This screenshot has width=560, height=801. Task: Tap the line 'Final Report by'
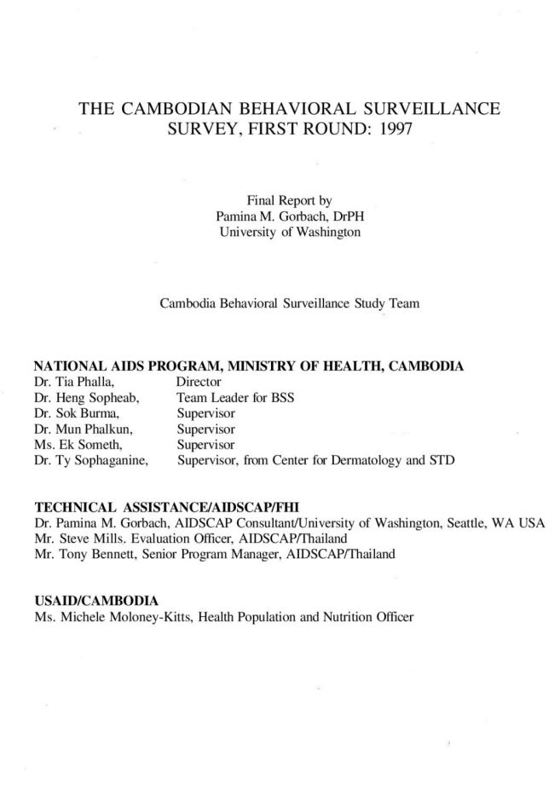pyautogui.click(x=289, y=201)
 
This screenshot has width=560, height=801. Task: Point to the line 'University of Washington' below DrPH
pyautogui.click(x=289, y=232)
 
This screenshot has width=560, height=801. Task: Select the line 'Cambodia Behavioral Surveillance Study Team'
pyautogui.click(x=289, y=303)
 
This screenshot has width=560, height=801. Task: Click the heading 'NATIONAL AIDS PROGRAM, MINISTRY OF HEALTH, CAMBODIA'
pyautogui.click(x=248, y=367)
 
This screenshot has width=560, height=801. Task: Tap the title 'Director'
pyautogui.click(x=199, y=383)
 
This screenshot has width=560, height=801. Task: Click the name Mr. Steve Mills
pyautogui.click(x=79, y=539)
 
